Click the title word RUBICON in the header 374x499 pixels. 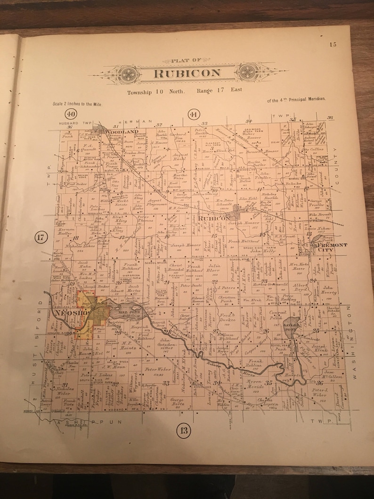click(187, 73)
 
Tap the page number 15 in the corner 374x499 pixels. click(333, 45)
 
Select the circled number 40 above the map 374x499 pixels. click(71, 114)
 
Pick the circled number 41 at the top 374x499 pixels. click(193, 115)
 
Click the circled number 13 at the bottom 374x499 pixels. click(184, 429)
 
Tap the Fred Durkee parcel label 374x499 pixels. click(226, 317)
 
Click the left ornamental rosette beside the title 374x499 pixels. click(127, 74)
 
